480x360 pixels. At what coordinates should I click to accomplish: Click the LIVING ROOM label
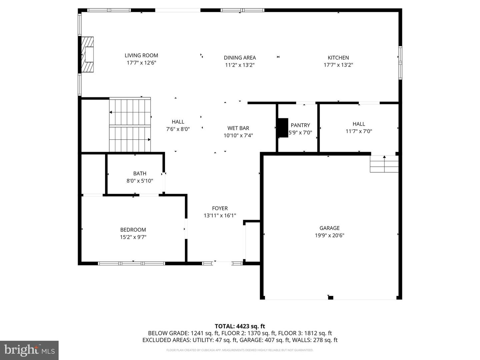click(x=141, y=55)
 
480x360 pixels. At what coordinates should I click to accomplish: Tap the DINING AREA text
click(x=240, y=58)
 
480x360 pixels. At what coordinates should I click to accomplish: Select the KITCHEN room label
click(x=338, y=58)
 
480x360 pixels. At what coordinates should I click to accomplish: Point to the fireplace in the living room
click(x=88, y=54)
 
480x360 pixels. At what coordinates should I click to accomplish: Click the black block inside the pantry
click(x=283, y=128)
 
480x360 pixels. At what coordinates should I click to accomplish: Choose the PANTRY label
click(x=300, y=125)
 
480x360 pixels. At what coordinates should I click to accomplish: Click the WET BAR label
click(x=238, y=128)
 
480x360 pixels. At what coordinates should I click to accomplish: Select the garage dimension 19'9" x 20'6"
click(x=329, y=235)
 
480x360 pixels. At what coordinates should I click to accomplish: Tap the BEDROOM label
click(x=133, y=230)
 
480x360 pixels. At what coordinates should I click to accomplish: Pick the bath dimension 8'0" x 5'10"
click(x=140, y=181)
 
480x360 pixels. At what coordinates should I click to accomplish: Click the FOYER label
click(x=220, y=208)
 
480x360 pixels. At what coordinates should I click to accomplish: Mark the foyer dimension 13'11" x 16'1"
click(x=220, y=216)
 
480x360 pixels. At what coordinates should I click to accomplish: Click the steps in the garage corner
click(x=384, y=164)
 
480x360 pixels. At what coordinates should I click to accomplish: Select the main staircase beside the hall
click(x=130, y=125)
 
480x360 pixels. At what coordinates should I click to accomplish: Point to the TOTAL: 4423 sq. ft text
click(x=240, y=326)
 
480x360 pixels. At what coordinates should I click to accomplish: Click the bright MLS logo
click(x=29, y=350)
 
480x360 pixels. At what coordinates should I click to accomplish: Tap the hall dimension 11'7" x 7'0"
click(x=359, y=131)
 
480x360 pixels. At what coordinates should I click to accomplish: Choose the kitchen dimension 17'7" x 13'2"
click(x=338, y=65)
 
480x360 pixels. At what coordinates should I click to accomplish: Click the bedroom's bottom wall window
click(x=131, y=263)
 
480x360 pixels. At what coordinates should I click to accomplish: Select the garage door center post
click(x=330, y=298)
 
